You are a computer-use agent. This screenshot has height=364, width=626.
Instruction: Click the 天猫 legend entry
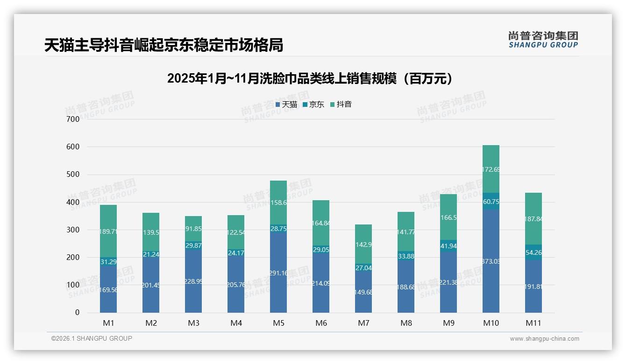[286, 105]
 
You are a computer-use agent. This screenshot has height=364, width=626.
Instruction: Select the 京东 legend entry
[313, 105]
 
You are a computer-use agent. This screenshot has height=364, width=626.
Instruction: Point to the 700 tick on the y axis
[73, 119]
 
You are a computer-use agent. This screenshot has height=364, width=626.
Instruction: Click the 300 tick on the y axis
[73, 230]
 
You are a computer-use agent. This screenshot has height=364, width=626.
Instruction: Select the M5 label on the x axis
[278, 323]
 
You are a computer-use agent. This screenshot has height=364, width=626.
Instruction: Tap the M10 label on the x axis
[491, 323]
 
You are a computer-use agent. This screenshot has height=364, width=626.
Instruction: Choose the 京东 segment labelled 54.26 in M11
[534, 252]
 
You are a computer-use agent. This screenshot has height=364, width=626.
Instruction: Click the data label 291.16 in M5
[278, 273]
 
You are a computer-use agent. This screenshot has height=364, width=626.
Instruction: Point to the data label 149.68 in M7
[363, 292]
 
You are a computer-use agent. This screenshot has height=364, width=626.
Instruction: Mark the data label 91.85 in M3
[193, 229]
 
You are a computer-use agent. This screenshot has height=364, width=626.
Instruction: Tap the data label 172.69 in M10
[491, 169]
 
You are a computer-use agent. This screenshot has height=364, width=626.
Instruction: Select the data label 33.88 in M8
[406, 256]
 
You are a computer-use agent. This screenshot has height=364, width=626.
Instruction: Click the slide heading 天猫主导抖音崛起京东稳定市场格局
[164, 45]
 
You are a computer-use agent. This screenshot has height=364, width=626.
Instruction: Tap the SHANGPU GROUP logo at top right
[543, 40]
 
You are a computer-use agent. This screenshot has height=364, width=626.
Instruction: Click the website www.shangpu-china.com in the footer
[544, 339]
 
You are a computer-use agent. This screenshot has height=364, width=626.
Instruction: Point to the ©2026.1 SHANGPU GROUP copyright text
[92, 338]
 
